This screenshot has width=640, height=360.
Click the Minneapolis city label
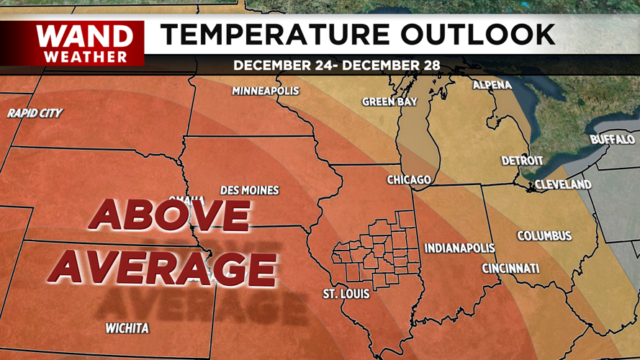pyautogui.click(x=265, y=91)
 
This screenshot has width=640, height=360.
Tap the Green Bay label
pyautogui.click(x=389, y=102)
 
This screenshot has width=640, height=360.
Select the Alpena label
pyautogui.click(x=492, y=85)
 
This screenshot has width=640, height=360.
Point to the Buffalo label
pyautogui.click(x=612, y=139)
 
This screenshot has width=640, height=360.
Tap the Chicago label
pyautogui.click(x=409, y=179)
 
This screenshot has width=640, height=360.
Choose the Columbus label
pyautogui.click(x=544, y=236)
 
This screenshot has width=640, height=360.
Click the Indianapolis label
pyautogui.click(x=459, y=248)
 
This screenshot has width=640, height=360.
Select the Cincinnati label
pyautogui.click(x=510, y=269)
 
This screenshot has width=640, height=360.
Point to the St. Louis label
pyautogui.click(x=346, y=294)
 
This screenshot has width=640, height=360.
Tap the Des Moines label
pyautogui.click(x=249, y=191)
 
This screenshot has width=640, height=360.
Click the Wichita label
pyautogui.click(x=127, y=328)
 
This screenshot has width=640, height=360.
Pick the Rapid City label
pyautogui.click(x=35, y=113)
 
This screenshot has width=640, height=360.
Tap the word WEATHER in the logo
pyautogui.click(x=85, y=56)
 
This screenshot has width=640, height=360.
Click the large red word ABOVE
pyautogui.click(x=169, y=215)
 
